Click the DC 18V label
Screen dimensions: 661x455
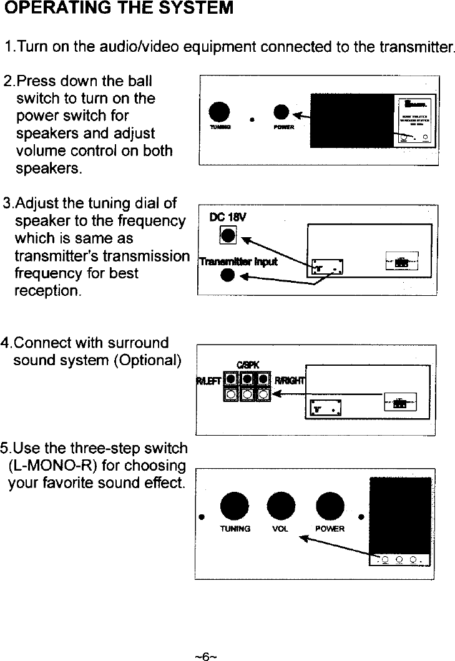pos(230,218)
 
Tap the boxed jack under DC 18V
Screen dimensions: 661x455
pos(229,235)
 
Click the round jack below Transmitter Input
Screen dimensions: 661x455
pos(229,275)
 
